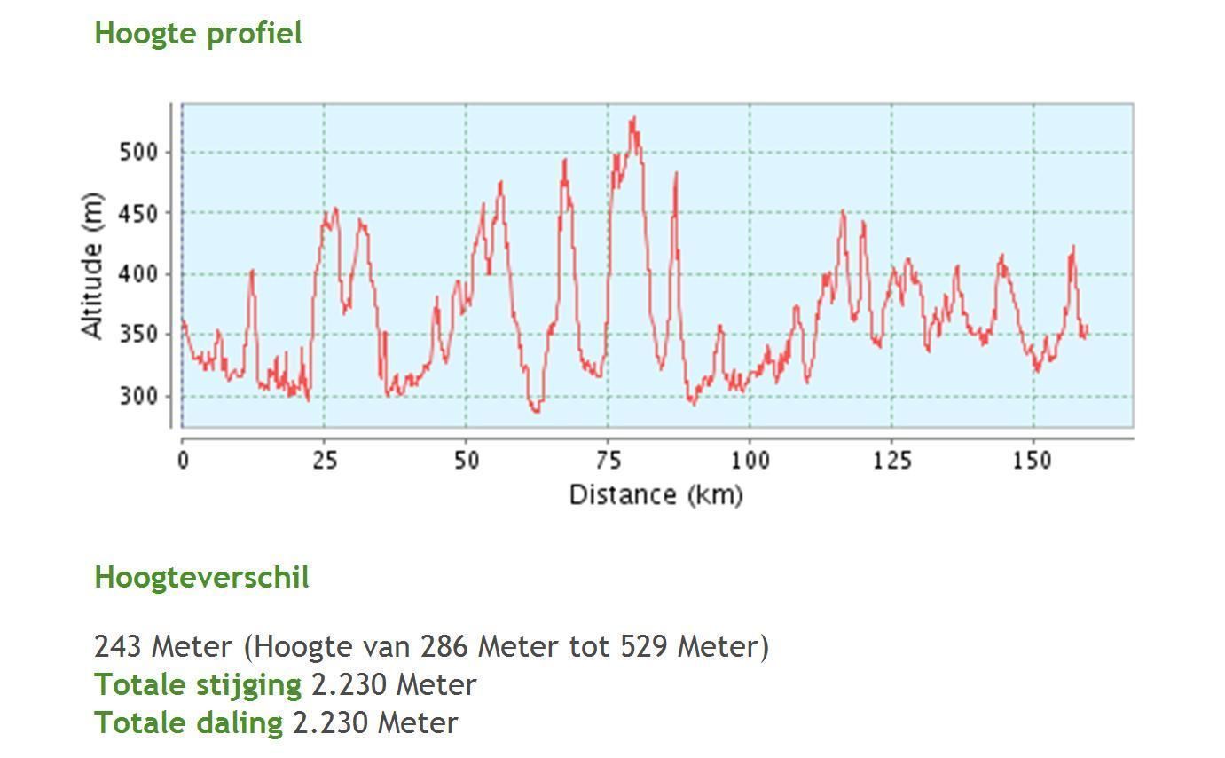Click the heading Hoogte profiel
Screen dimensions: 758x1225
[x=198, y=34]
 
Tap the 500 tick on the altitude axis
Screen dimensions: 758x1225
[x=137, y=153]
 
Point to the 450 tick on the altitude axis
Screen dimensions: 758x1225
[x=137, y=214]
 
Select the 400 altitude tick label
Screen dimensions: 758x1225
[x=137, y=274]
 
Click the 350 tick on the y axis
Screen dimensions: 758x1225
[x=137, y=336]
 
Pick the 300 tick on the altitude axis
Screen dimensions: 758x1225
[x=137, y=396]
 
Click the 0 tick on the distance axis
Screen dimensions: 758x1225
[x=183, y=461]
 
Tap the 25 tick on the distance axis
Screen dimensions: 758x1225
[x=325, y=461]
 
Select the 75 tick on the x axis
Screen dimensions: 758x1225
[x=609, y=461]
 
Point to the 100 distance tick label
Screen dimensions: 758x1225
[x=750, y=461]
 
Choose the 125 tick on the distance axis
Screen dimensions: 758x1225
[x=892, y=461]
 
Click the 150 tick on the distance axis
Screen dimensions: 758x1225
[x=1033, y=461]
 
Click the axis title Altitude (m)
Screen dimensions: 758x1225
[x=92, y=265]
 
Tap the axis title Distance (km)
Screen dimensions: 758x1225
[x=656, y=494]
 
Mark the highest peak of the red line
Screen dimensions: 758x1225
[x=633, y=117]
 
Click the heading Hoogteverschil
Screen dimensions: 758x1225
[x=201, y=578]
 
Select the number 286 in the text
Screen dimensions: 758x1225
[x=444, y=646]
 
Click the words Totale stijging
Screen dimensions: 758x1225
[x=198, y=685]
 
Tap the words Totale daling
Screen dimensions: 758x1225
[x=189, y=723]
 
